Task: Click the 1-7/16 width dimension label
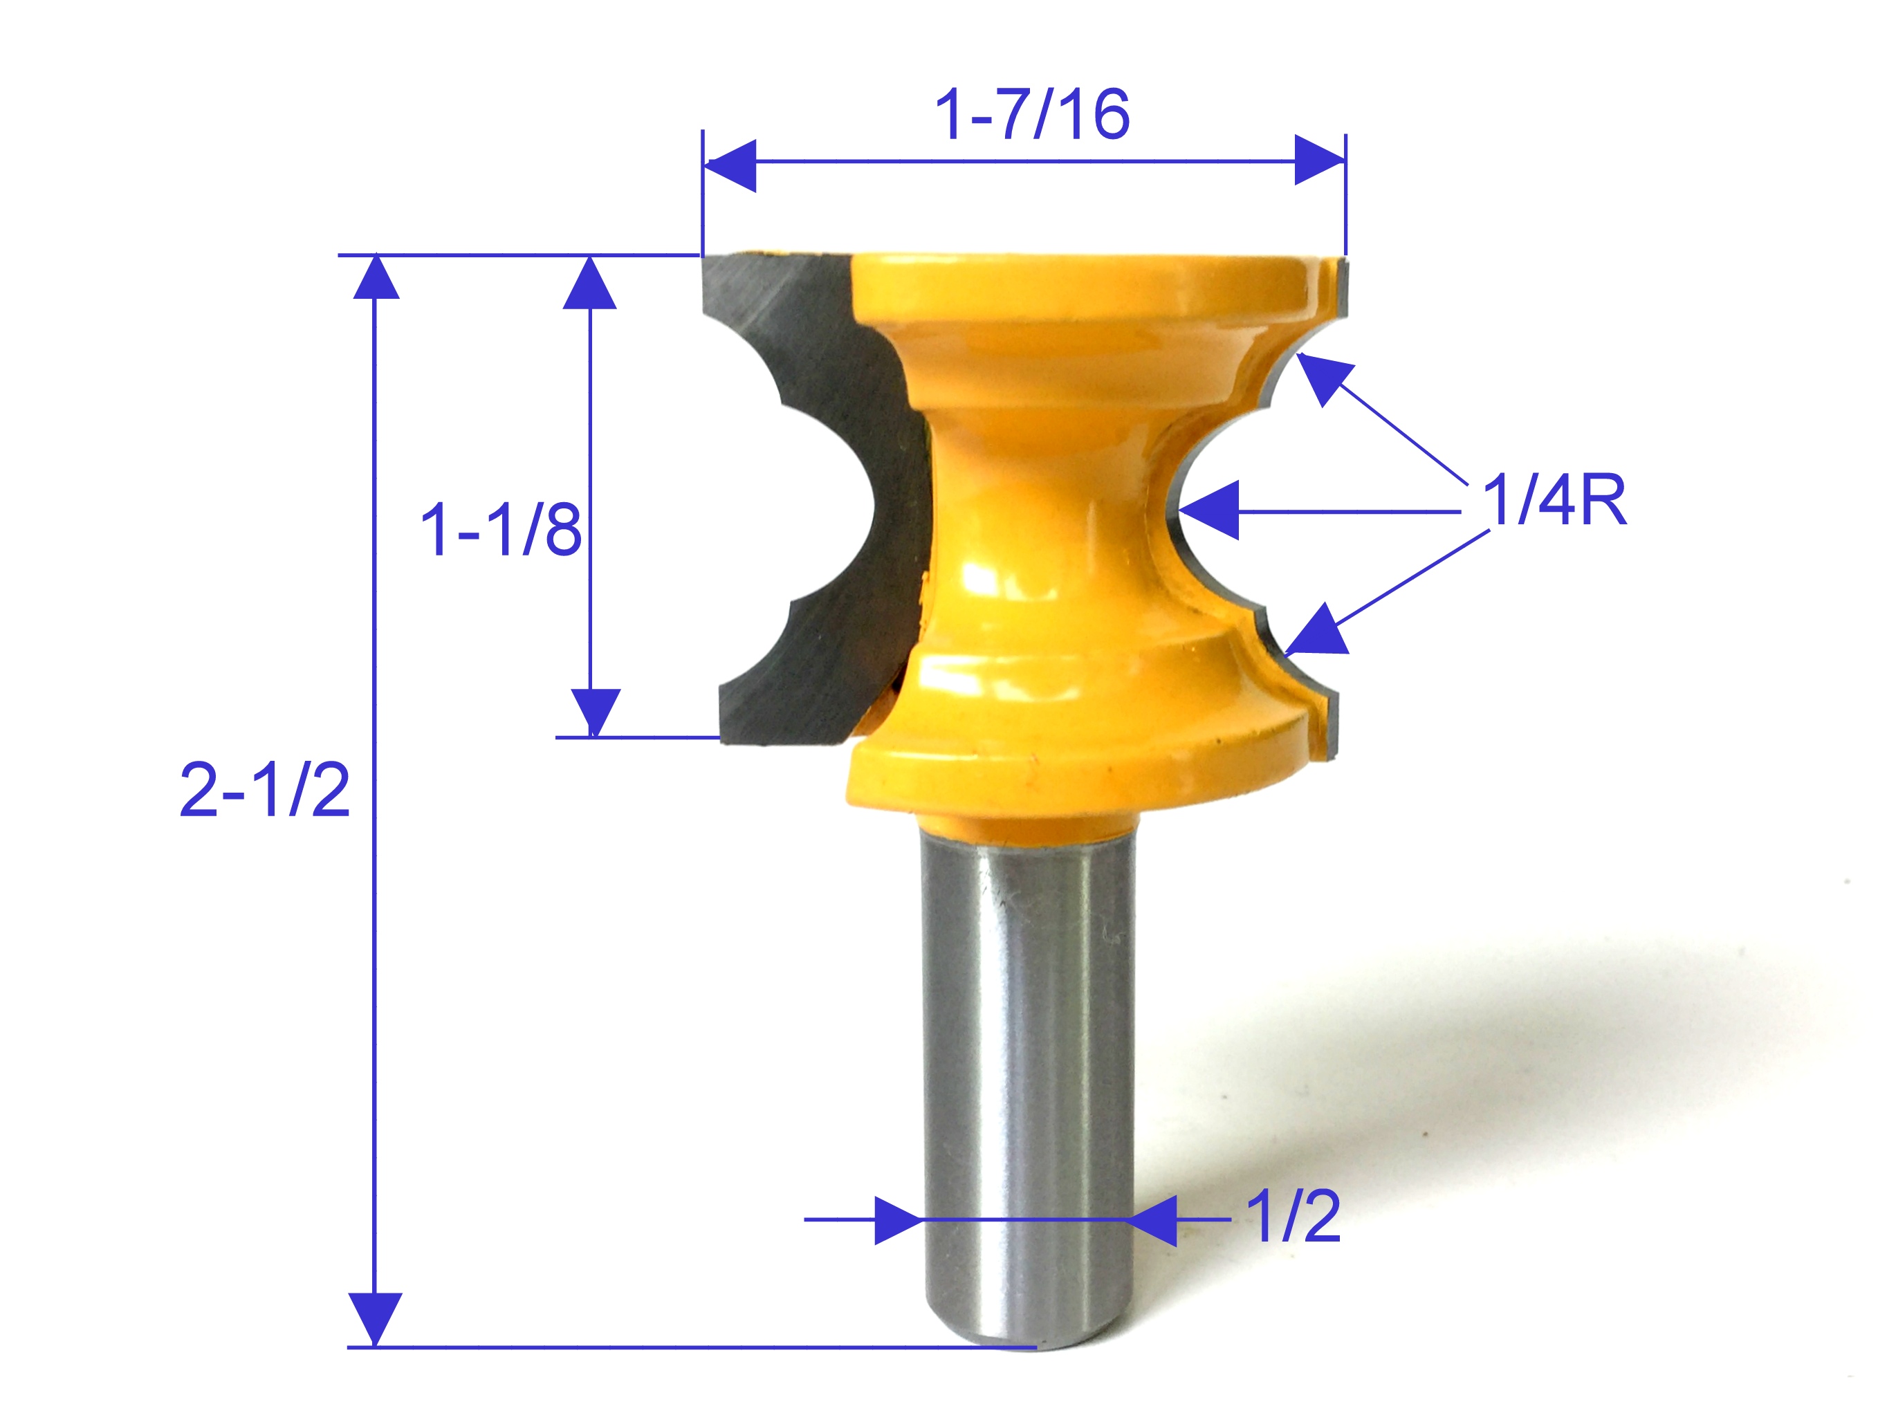(1031, 115)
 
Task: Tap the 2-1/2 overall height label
(265, 791)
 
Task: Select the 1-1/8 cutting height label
(501, 530)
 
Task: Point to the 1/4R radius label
(1554, 501)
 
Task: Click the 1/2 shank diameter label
(1293, 1217)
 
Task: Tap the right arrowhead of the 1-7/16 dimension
(1318, 160)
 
